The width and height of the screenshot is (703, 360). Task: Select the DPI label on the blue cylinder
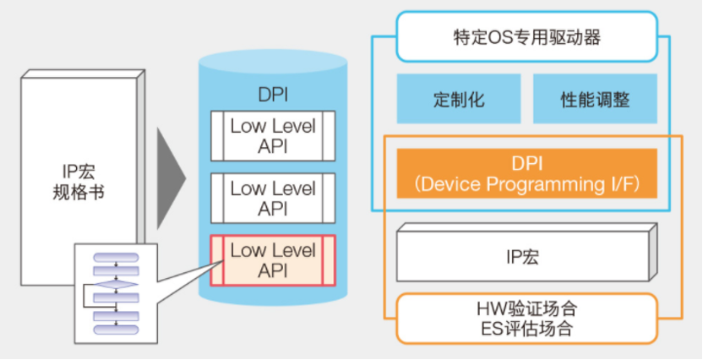pos(273,97)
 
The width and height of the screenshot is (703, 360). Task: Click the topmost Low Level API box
pos(273,135)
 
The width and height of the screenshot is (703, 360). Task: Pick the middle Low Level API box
pos(273,198)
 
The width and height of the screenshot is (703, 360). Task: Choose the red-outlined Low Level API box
pos(273,259)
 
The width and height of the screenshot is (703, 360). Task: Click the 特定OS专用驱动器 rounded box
pos(515,37)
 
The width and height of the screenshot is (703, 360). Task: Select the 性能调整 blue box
pos(595,99)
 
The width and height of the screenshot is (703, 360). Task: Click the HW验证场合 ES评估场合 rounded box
pos(527,317)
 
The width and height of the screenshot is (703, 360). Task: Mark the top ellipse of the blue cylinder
pos(273,64)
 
